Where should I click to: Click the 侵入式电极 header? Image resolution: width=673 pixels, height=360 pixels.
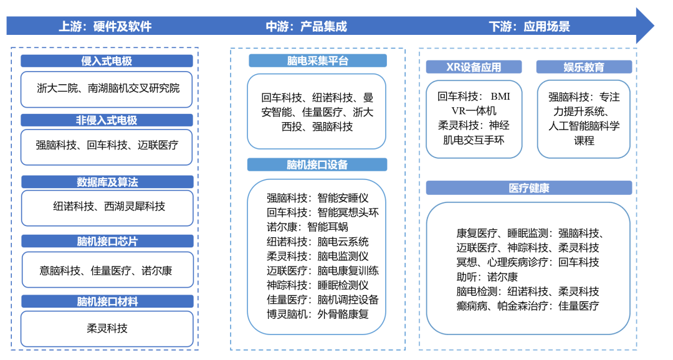[107, 61]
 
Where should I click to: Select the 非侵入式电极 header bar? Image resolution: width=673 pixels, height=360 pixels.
[107, 121]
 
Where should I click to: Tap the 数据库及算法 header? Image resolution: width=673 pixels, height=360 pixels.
[107, 182]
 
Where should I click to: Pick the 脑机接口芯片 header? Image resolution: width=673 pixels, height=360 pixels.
[107, 241]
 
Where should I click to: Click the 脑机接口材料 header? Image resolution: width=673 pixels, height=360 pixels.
[107, 301]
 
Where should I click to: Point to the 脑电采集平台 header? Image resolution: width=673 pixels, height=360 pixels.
[317, 60]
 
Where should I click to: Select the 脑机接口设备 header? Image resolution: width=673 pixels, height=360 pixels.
[317, 164]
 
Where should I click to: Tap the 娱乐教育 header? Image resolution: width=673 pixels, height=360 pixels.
[584, 67]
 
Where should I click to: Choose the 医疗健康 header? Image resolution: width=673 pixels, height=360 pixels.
[528, 187]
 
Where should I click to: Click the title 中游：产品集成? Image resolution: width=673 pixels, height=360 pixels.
[306, 27]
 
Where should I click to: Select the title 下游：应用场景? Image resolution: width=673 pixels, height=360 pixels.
[529, 27]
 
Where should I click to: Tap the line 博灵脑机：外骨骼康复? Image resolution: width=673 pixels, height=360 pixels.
[317, 313]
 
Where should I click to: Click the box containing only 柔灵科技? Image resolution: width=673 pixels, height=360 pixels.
[107, 328]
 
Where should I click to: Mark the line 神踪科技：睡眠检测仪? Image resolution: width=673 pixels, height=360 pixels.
[317, 285]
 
